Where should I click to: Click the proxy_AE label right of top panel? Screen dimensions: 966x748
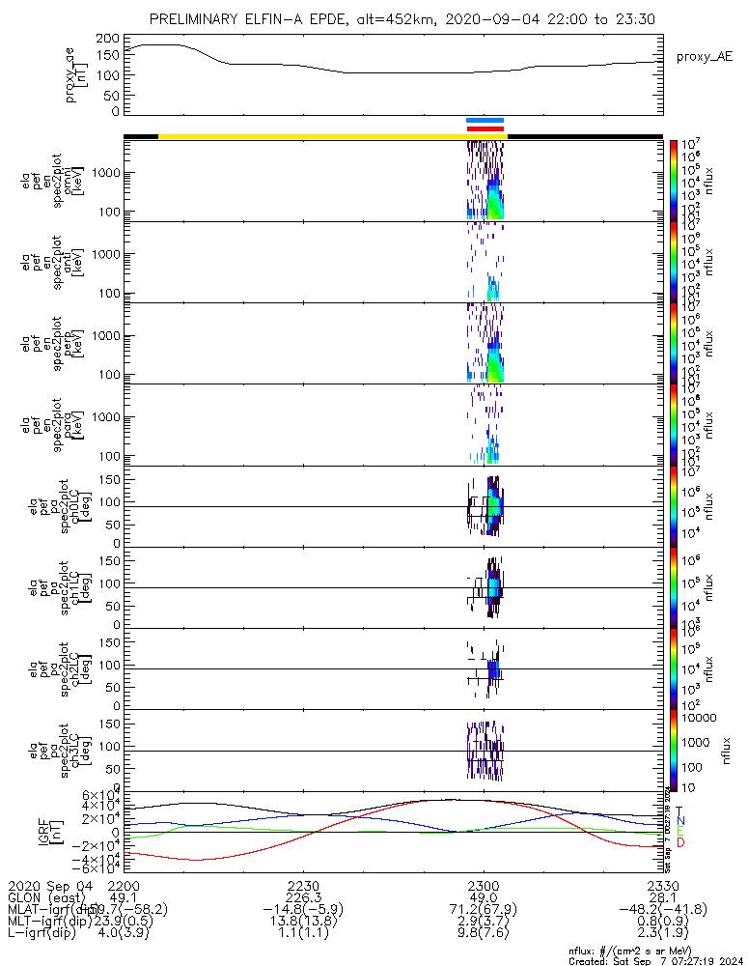click(x=704, y=57)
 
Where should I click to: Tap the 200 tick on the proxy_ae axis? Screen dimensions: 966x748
click(x=107, y=39)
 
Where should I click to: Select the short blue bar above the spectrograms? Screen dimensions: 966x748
click(x=485, y=121)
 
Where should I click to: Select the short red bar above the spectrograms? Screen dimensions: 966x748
click(x=485, y=128)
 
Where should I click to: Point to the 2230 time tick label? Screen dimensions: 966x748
click(x=303, y=886)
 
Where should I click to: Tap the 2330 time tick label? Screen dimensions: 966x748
click(x=662, y=886)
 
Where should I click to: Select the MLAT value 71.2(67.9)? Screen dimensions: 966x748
click(x=483, y=910)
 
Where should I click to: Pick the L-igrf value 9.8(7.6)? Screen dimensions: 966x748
click(x=483, y=933)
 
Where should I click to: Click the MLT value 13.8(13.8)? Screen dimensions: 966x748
click(x=303, y=922)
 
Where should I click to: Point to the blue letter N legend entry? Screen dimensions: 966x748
click(x=679, y=820)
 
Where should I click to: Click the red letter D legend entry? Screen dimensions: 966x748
click(x=679, y=843)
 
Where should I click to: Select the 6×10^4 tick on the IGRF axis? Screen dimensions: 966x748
click(x=100, y=795)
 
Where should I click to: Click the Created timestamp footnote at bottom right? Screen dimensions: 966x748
click(x=656, y=961)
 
